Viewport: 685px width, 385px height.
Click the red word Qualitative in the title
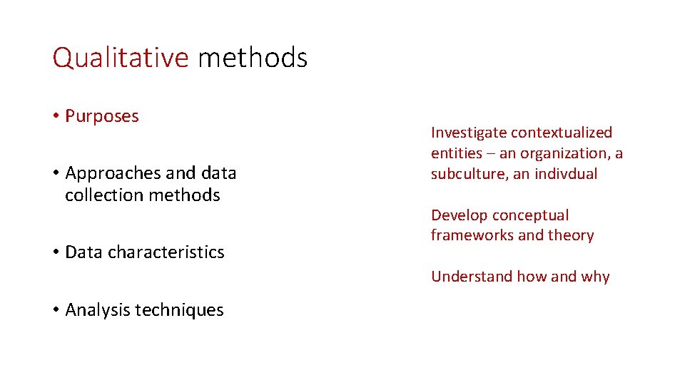[120, 58]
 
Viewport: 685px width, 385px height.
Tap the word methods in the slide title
[253, 58]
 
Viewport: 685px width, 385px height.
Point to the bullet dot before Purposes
[56, 116]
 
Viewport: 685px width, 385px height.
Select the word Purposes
[102, 116]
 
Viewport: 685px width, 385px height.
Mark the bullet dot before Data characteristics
[56, 252]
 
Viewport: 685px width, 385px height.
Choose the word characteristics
[166, 252]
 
